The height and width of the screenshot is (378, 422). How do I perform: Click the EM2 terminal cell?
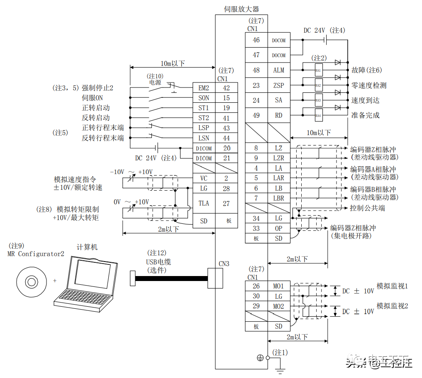pyautogui.click(x=204, y=88)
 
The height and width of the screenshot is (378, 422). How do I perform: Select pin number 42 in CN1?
pyautogui.click(x=226, y=88)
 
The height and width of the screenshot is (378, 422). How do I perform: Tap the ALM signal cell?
pyautogui.click(x=278, y=70)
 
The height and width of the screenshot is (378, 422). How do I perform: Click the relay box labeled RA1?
pyautogui.click(x=318, y=70)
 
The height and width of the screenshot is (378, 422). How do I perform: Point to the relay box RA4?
pyautogui.click(x=318, y=115)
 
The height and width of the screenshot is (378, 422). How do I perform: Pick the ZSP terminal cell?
pyautogui.click(x=278, y=85)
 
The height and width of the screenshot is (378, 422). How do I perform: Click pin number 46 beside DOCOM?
pyautogui.click(x=256, y=40)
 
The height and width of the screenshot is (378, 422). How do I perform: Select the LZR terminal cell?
pyautogui.click(x=278, y=158)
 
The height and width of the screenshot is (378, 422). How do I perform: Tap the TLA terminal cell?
pyautogui.click(x=204, y=204)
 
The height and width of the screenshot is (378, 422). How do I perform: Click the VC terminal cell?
pyautogui.click(x=204, y=178)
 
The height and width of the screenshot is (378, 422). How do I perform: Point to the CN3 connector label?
pyautogui.click(x=224, y=264)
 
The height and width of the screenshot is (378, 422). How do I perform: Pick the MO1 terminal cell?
pyautogui.click(x=278, y=286)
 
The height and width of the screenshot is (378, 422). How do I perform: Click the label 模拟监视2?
pyautogui.click(x=392, y=306)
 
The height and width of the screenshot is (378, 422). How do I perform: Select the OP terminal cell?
pyautogui.click(x=278, y=228)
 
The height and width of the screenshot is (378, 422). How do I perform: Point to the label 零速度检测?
pyautogui.click(x=368, y=85)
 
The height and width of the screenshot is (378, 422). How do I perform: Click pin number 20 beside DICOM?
pyautogui.click(x=226, y=148)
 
